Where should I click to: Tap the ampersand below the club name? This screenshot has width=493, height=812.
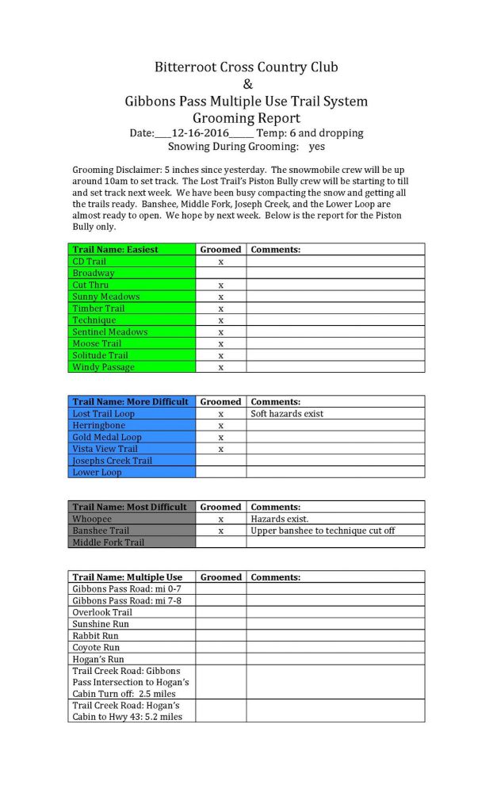[246, 84]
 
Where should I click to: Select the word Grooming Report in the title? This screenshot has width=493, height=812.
[246, 118]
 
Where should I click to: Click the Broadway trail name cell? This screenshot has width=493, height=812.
[94, 273]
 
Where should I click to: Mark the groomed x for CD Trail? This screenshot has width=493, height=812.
[220, 261]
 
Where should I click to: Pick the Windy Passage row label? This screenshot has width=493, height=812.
[103, 367]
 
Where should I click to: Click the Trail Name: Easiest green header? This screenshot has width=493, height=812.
[115, 249]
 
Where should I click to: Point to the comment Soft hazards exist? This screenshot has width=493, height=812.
[287, 413]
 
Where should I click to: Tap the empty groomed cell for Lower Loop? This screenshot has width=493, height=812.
[220, 472]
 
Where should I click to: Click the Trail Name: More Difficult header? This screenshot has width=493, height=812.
[130, 401]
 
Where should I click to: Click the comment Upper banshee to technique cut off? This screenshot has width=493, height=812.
[323, 530]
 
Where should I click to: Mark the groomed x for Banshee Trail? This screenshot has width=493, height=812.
[220, 530]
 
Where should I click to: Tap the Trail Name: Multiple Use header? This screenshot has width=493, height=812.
[127, 577]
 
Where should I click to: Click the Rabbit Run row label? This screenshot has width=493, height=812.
[95, 636]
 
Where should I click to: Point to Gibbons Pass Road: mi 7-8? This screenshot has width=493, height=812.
[126, 600]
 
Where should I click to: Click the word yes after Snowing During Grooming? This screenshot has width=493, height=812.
[317, 147]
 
